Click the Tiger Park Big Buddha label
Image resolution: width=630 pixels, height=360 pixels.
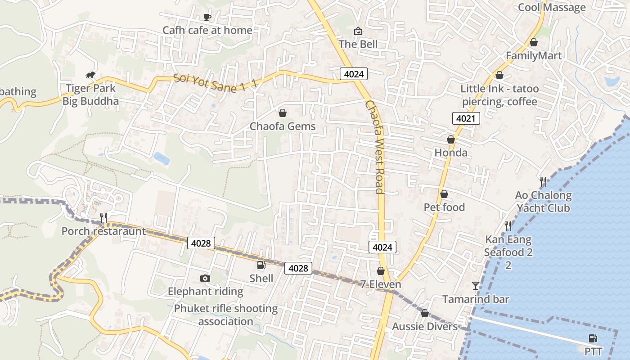tap(90, 94)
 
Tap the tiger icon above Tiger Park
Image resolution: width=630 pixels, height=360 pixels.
tap(90, 75)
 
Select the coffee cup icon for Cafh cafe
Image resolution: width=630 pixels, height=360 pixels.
tap(207, 18)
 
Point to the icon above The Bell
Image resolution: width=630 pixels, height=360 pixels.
tap(358, 31)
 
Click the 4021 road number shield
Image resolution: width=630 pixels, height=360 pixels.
tap(466, 119)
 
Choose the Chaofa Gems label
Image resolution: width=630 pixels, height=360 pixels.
tap(283, 126)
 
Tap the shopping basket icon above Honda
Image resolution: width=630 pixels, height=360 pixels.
tap(451, 140)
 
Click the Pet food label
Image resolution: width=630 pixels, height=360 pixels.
tap(444, 207)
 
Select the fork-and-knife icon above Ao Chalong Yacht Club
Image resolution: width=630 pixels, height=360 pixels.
tap(543, 182)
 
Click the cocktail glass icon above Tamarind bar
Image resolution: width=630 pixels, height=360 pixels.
tap(476, 286)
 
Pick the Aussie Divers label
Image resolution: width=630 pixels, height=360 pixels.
tap(425, 327)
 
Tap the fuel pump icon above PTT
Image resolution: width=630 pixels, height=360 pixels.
tap(593, 338)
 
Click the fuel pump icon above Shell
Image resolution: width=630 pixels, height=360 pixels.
tap(261, 265)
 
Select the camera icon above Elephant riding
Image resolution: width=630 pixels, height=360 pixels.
tap(205, 279)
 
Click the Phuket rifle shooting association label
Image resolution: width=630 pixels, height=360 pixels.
tap(226, 315)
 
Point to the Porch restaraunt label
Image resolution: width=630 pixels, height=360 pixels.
tap(103, 231)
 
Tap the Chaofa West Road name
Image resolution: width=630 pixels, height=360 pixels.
tap(375, 147)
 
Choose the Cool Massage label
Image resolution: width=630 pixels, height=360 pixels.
tap(552, 7)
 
